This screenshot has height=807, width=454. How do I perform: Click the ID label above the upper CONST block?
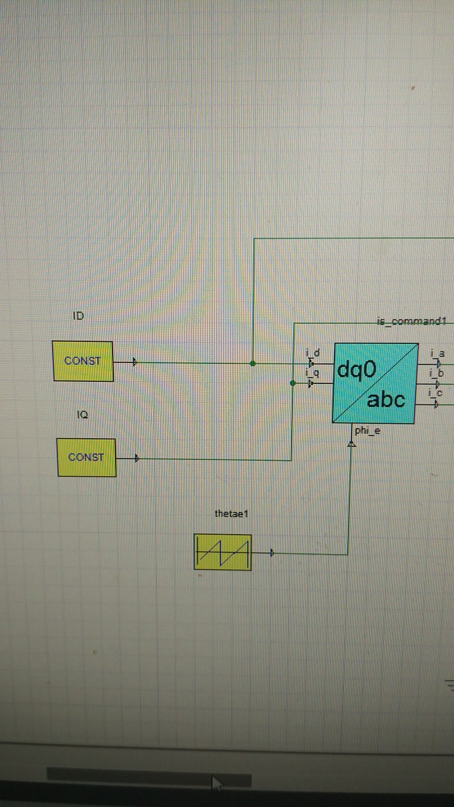(79, 316)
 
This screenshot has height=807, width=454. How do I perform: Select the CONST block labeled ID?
(83, 361)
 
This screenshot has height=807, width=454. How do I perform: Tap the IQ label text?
(82, 415)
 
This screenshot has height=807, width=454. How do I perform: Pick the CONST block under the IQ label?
(86, 457)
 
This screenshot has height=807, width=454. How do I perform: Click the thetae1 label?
(231, 514)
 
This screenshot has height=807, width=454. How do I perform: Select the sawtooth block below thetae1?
(222, 552)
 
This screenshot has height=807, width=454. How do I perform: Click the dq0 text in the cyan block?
(356, 370)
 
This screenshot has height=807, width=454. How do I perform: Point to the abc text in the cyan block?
(386, 399)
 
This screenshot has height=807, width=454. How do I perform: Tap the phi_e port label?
(367, 430)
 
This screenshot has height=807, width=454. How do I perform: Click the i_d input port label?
(313, 353)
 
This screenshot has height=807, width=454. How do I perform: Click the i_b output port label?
(436, 373)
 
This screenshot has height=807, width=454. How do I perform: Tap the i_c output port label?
(436, 393)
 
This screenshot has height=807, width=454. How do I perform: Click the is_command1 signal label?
(411, 322)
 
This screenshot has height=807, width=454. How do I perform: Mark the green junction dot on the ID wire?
(253, 364)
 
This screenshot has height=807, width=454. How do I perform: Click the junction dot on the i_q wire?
(293, 383)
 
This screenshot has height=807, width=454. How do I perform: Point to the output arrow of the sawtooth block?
(272, 553)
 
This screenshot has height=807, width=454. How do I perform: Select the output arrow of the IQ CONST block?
(137, 459)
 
